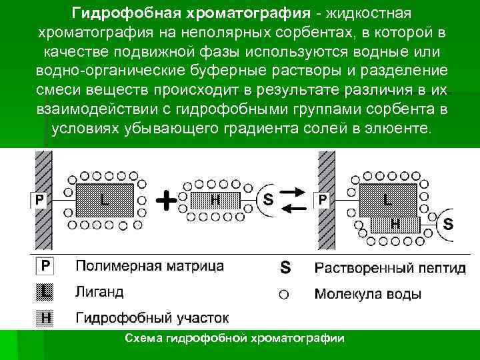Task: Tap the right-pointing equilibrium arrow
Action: pos(294,193)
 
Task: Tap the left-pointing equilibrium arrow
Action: pos(294,209)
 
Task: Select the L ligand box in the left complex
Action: pos(106,198)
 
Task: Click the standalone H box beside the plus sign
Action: pos(215,199)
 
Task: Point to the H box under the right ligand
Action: pos(395,224)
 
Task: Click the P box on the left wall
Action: pos(40,199)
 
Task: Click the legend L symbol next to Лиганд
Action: pos(44,291)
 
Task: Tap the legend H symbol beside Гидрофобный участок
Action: pos(44,317)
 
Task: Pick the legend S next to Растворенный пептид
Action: pos(285,268)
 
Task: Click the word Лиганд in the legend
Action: pos(99,292)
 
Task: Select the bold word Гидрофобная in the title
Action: pos(127,13)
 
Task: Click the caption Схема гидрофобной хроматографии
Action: pos(235,339)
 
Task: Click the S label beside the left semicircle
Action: pos(268,198)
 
